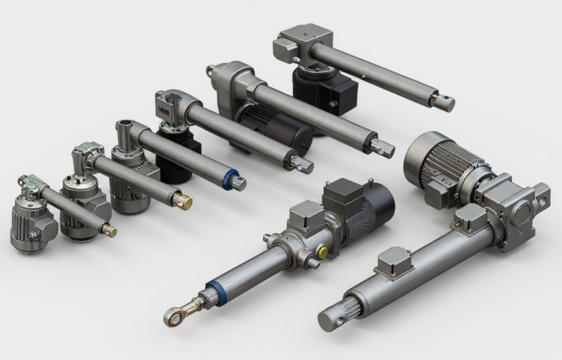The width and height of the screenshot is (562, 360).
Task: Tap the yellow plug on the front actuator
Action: [323, 252]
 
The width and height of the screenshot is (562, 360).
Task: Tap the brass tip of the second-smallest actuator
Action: [183, 201]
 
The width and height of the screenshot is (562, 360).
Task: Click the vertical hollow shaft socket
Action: [123, 133]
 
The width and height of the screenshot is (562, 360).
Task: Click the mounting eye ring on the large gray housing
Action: [210, 71]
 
